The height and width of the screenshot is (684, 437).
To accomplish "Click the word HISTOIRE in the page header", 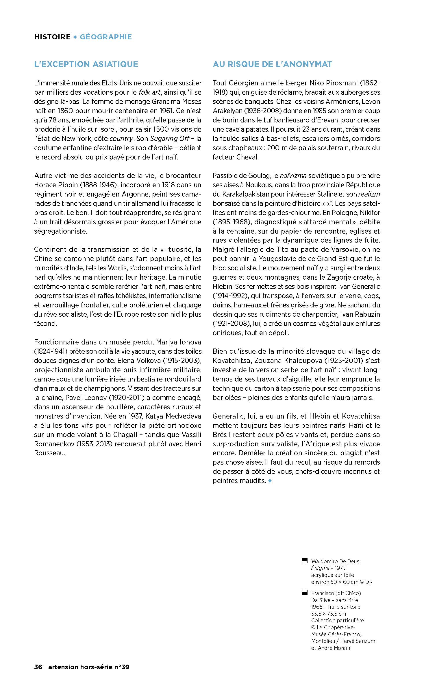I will pos(52,37).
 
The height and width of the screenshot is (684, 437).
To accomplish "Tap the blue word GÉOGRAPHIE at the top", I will pos(106,37).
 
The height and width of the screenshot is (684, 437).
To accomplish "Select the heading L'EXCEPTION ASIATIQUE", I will pos(86,64).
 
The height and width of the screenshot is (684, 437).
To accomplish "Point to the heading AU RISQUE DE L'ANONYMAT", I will pos(272,64).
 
